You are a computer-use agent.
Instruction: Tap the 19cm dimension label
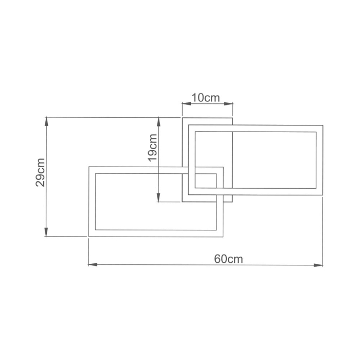pyautogui.click(x=152, y=148)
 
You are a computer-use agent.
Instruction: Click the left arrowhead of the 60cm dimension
pyautogui.click(x=92, y=265)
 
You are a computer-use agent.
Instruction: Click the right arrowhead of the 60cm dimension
pyautogui.click(x=319, y=265)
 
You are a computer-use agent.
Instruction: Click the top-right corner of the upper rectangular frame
pyautogui.click(x=322, y=125)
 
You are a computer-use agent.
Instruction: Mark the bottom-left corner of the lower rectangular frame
pyautogui.click(x=89, y=237)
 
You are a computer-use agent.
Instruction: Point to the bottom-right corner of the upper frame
pyautogui.click(x=322, y=194)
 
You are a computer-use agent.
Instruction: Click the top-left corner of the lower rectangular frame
pyautogui.click(x=89, y=167)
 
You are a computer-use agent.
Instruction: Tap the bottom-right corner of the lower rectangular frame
pyautogui.click(x=223, y=237)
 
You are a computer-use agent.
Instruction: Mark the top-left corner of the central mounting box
pyautogui.click(x=183, y=118)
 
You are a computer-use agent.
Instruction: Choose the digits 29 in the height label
pyautogui.click(x=42, y=178)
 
